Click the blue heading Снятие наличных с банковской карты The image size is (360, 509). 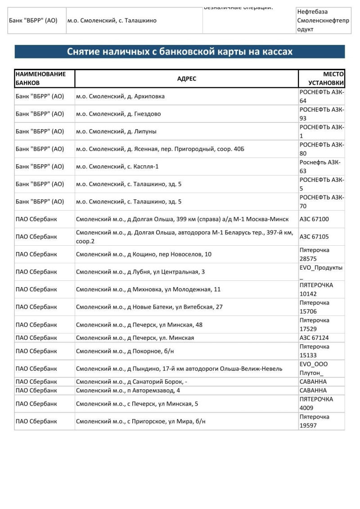(180, 52)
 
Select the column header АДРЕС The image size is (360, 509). (187, 79)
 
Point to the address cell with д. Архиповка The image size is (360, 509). (120, 96)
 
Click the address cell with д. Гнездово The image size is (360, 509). (118, 114)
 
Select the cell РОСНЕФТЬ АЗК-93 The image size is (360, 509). (321, 114)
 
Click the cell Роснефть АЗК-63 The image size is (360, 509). (320, 167)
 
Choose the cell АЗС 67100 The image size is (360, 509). (314, 219)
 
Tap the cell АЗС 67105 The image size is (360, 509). (314, 237)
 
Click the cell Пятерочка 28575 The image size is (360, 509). (315, 254)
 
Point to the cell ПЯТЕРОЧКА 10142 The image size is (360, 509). (316, 289)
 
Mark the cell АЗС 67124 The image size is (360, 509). (314, 338)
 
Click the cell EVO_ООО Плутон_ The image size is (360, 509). (314, 369)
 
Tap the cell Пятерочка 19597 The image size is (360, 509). (315, 421)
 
